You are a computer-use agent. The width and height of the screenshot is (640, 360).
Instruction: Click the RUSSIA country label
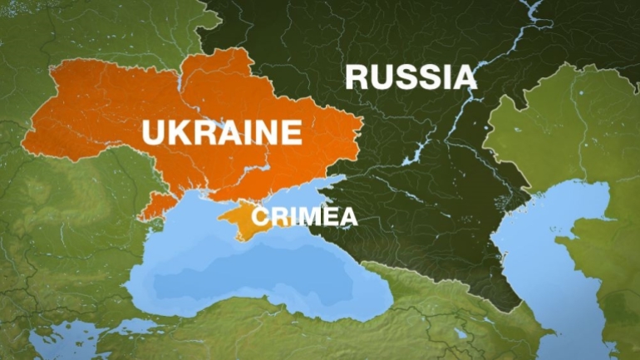(411, 76)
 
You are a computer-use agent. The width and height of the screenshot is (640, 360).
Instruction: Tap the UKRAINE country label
(221, 132)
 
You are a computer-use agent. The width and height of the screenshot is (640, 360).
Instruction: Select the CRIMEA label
(304, 217)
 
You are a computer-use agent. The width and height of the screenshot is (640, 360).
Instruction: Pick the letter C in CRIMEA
(258, 217)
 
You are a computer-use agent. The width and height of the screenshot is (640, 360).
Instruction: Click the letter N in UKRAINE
(266, 132)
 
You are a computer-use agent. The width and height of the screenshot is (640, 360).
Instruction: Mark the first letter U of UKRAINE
(153, 132)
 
